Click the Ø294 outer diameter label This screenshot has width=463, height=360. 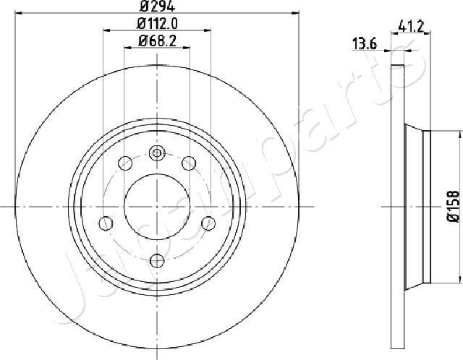[x=156, y=6]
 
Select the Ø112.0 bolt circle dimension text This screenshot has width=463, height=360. [x=157, y=24]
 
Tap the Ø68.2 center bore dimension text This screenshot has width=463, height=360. [x=157, y=42]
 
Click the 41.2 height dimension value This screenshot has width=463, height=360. [x=410, y=27]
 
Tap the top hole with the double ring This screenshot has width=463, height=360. [x=157, y=153]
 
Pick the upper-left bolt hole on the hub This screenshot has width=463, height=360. [x=124, y=162]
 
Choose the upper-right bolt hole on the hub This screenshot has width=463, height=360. [x=190, y=162]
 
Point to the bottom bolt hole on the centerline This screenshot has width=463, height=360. [x=157, y=260]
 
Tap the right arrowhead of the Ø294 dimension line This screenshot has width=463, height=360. [x=296, y=13]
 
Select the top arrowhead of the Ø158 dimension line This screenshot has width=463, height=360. [x=461, y=133]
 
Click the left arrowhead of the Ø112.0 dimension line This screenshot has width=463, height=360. [x=106, y=31]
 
